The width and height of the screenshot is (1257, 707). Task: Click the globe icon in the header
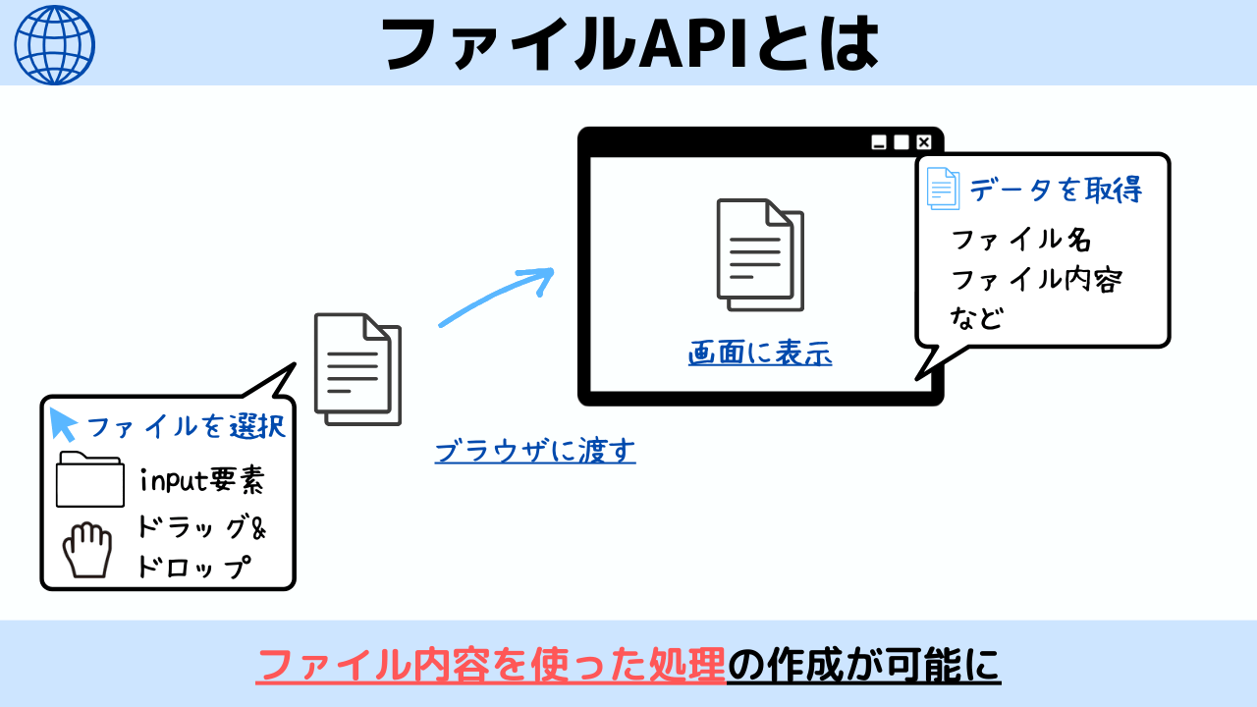click(55, 44)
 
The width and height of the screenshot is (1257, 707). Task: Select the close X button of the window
click(923, 142)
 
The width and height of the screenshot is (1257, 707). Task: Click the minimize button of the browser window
click(880, 142)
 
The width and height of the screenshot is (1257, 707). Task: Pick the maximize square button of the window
click(902, 142)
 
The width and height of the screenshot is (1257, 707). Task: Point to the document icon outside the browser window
click(357, 369)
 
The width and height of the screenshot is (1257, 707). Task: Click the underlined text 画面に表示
click(760, 354)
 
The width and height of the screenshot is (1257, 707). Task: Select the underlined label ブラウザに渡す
click(535, 451)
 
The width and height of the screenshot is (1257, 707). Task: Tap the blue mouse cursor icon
click(64, 424)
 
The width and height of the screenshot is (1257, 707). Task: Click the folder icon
click(90, 479)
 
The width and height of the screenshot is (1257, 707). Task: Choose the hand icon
click(88, 551)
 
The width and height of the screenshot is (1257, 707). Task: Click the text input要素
click(202, 481)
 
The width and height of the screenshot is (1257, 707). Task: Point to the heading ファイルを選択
click(187, 427)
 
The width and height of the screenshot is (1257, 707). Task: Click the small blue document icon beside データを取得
click(943, 189)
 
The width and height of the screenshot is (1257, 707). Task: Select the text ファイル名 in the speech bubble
click(1021, 240)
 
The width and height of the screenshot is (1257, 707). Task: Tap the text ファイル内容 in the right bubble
click(1036, 280)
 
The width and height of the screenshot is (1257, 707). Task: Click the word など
click(976, 318)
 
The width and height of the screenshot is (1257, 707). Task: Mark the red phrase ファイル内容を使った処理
click(491, 666)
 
